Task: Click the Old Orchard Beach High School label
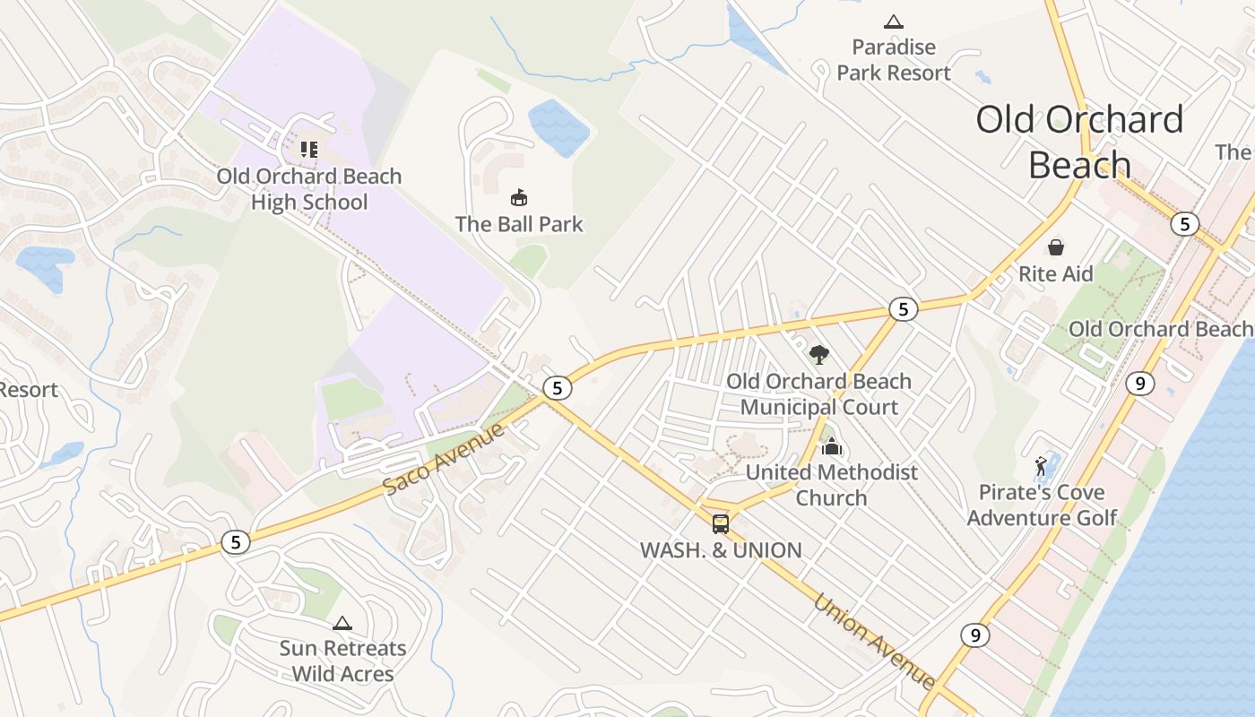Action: (x=308, y=189)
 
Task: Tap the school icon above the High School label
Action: (x=308, y=149)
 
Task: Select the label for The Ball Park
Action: (x=519, y=224)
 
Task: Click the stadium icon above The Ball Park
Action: (x=518, y=196)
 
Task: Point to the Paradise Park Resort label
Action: (x=893, y=60)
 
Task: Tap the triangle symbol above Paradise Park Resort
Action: (x=893, y=22)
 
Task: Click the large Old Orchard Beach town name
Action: (x=1079, y=142)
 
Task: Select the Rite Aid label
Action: (x=1056, y=274)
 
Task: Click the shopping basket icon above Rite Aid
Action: (x=1056, y=246)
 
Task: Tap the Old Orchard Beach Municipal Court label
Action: (x=818, y=394)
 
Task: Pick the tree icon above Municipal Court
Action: (x=818, y=355)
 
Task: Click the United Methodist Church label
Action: (x=831, y=485)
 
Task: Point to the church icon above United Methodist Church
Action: (x=832, y=445)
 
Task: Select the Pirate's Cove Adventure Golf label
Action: (x=1042, y=505)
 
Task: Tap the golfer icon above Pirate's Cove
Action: (x=1041, y=466)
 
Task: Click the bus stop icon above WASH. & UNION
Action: (x=721, y=524)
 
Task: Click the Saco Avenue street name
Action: (x=445, y=458)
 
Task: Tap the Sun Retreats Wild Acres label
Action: (x=342, y=661)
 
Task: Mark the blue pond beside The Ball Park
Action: (x=558, y=127)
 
